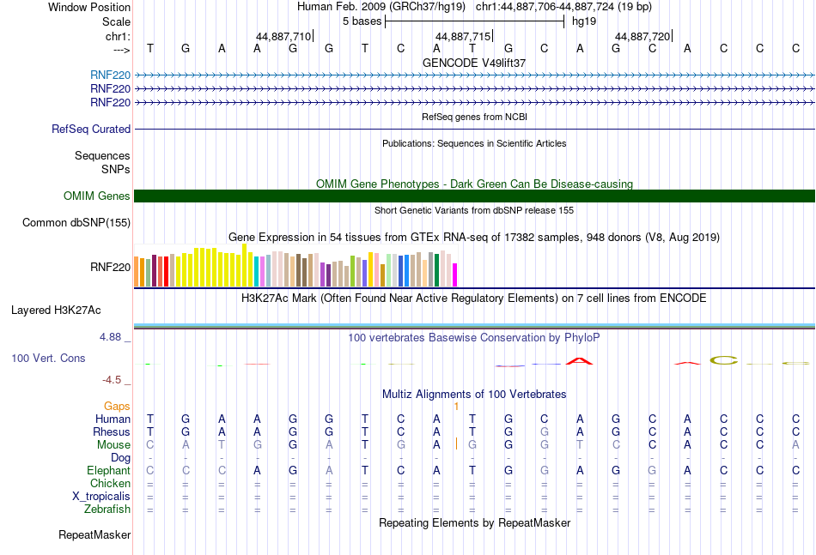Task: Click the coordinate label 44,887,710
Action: click(x=283, y=37)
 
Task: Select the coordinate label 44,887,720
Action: click(x=642, y=37)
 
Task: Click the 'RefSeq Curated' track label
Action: click(x=91, y=129)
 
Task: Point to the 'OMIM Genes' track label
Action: click(x=97, y=196)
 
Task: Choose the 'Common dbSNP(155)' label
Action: click(x=76, y=223)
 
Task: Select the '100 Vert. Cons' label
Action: click(x=48, y=358)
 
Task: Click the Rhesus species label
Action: click(x=113, y=432)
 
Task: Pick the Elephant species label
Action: click(x=108, y=470)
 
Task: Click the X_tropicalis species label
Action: click(x=101, y=496)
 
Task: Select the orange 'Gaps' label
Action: click(x=117, y=406)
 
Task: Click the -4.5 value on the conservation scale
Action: click(x=113, y=379)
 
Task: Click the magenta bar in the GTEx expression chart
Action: click(x=454, y=274)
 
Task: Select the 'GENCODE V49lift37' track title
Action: click(x=474, y=63)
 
